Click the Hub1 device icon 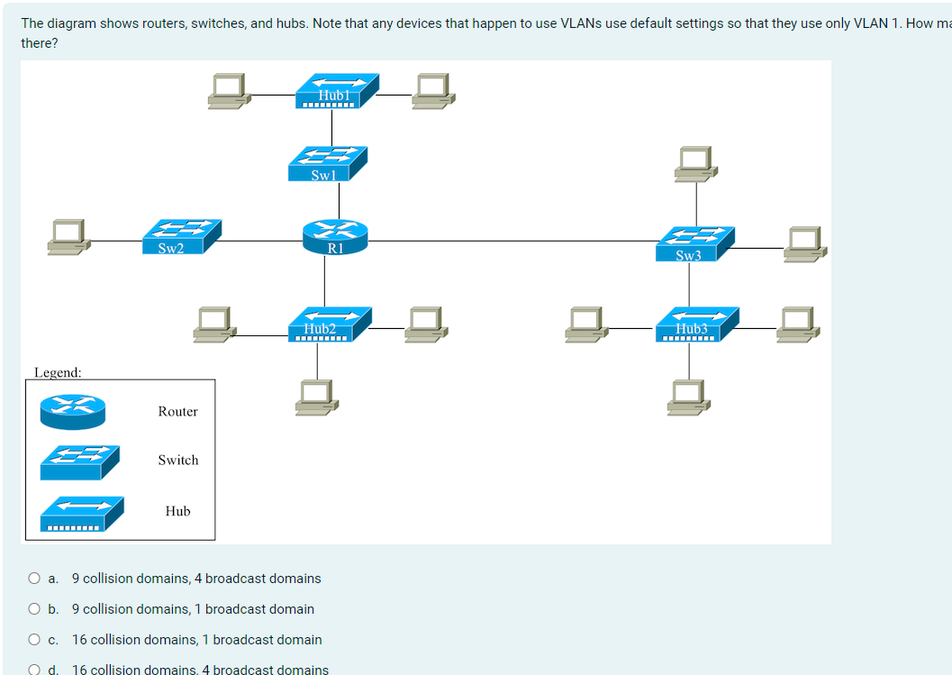coord(338,91)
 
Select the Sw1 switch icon coord(327,164)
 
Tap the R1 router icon coord(336,237)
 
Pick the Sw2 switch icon coord(181,237)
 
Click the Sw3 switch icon coord(694,243)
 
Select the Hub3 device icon coord(696,324)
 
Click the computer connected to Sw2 coord(69,234)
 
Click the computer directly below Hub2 coord(317,395)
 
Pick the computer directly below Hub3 coord(689,396)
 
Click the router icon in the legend coord(72,411)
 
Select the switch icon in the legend coord(79,461)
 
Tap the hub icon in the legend coord(79,514)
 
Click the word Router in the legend coord(177,412)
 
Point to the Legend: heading coord(58,372)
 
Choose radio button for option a coord(33,579)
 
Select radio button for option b coord(33,609)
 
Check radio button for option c coord(33,640)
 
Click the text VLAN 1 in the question coord(870,23)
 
